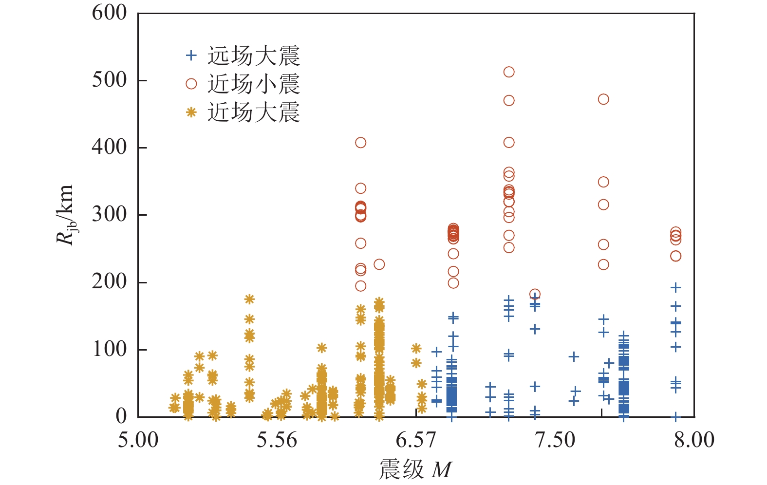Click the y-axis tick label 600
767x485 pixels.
click(x=109, y=13)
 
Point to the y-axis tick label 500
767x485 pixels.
click(x=109, y=80)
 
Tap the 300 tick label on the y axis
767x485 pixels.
click(x=109, y=214)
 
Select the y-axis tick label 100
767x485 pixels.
click(x=109, y=349)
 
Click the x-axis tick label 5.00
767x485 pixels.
click(x=138, y=440)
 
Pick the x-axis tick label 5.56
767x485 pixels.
click(x=277, y=440)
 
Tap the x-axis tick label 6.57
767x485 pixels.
click(x=416, y=440)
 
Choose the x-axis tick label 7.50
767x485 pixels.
click(x=555, y=440)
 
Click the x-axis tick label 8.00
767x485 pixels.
click(x=694, y=440)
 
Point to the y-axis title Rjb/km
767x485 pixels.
click(x=65, y=215)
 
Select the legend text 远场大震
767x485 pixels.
click(x=254, y=56)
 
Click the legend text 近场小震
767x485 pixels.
click(x=254, y=84)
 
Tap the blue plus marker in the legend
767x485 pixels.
click(x=191, y=56)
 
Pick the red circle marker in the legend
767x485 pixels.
click(x=191, y=84)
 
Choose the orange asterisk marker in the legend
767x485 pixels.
click(x=191, y=112)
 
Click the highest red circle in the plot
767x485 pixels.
click(x=509, y=72)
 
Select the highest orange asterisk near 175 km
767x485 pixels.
click(x=249, y=299)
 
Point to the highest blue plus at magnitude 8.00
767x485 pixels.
click(x=675, y=287)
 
